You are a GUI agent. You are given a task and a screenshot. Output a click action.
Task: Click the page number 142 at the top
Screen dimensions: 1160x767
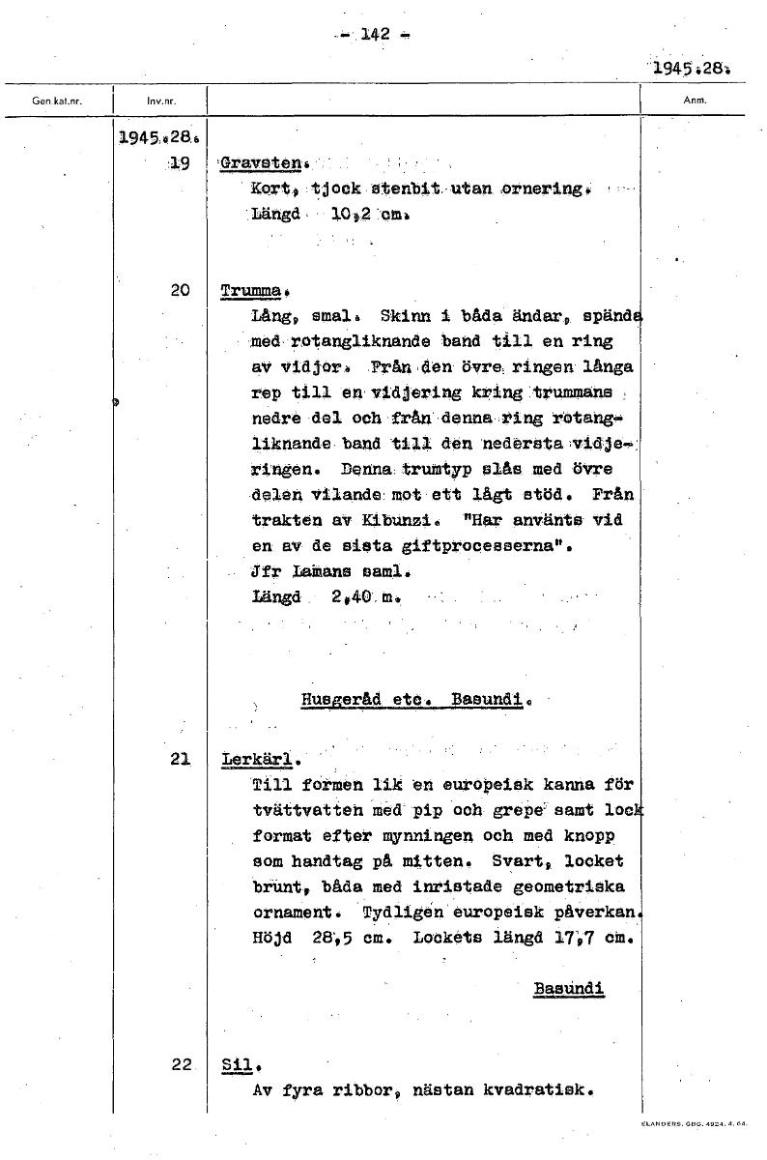(375, 35)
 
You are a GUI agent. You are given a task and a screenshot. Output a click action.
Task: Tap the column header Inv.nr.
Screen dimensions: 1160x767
(160, 100)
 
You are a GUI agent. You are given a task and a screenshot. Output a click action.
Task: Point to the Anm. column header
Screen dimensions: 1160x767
(695, 100)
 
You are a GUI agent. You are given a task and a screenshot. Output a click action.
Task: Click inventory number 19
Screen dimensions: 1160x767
(179, 163)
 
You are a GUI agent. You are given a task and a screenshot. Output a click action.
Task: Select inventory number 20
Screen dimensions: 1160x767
(180, 289)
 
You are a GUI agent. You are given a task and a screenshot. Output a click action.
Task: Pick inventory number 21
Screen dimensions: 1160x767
(180, 759)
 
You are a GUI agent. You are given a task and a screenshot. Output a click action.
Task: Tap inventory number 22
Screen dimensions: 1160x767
(182, 1064)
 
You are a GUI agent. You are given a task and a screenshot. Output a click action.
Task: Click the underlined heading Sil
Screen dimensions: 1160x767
(237, 1065)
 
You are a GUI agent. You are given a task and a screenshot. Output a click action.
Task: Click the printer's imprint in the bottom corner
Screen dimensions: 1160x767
(693, 1124)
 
